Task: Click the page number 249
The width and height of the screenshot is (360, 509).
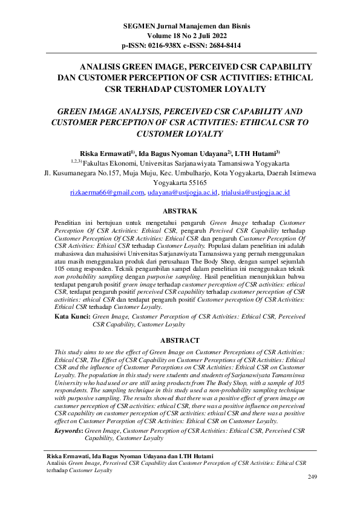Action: tap(312, 478)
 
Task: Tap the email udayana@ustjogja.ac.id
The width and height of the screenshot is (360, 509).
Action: tap(183, 192)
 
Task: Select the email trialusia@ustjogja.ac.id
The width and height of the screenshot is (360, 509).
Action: tap(255, 192)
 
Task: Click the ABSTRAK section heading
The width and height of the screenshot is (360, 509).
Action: tap(181, 211)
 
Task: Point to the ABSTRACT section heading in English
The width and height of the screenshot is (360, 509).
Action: tap(181, 340)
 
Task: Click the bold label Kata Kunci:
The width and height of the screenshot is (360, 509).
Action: tap(73, 316)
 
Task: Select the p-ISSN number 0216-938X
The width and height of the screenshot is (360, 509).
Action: tap(168, 45)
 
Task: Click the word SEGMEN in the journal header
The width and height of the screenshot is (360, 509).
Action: tap(137, 27)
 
